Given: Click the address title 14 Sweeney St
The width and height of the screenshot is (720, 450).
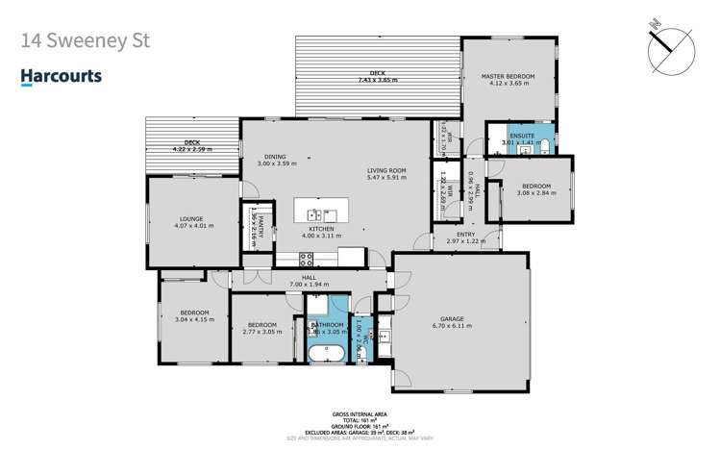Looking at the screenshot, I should click(85, 42).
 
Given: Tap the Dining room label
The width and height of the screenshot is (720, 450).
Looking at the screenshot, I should click(277, 158).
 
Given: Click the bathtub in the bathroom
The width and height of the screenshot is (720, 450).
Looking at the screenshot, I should click(329, 354).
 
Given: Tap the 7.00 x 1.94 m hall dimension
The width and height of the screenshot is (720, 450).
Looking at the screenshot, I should click(309, 285).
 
